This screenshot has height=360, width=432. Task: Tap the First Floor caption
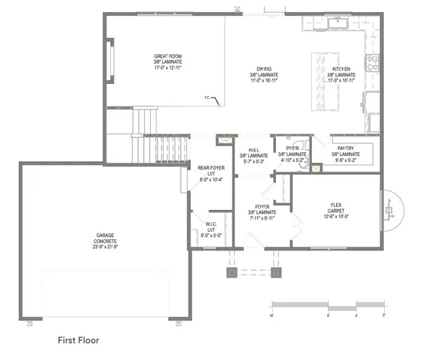[x=79, y=340]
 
